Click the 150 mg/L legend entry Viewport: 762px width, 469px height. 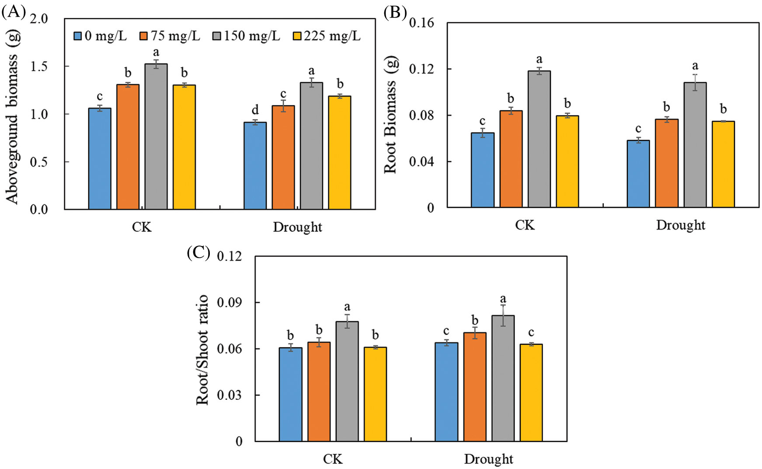click(246, 36)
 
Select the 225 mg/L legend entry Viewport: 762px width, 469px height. click(327, 36)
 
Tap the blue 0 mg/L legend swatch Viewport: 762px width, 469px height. click(78, 36)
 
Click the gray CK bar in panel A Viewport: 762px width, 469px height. click(156, 136)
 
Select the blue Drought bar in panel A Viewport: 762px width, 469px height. click(255, 166)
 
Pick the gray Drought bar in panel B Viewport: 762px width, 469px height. click(695, 145)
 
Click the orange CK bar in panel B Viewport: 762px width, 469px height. click(511, 159)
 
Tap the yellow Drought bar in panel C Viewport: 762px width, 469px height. click(531, 392)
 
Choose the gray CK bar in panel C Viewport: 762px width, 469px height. click(347, 381)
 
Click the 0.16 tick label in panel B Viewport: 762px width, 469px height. click(421, 23)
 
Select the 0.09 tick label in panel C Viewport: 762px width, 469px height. click(230, 303)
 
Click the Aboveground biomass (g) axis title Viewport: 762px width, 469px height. click(13, 116)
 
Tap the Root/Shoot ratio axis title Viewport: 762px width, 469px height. click(202, 350)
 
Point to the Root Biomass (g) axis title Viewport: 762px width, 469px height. click(390, 115)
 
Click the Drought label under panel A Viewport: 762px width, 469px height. click(297, 227)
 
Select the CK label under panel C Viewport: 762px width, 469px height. click(333, 459)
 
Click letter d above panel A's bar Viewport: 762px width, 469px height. click(255, 109)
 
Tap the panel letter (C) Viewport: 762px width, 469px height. click(198, 252)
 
